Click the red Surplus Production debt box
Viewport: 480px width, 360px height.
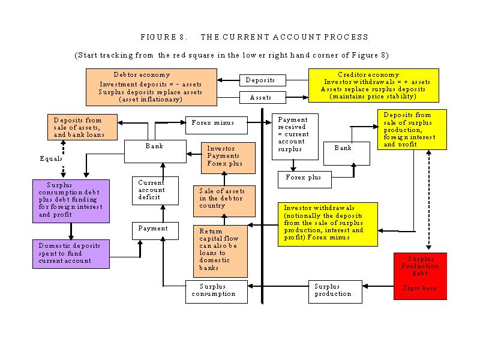coord(420,276)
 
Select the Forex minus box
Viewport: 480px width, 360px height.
coord(217,125)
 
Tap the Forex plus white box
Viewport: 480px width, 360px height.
coord(305,179)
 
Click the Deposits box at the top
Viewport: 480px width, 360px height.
coord(263,80)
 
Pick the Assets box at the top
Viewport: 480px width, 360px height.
coord(263,97)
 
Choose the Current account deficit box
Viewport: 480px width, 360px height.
coord(155,191)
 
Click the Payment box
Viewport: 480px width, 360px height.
coord(155,231)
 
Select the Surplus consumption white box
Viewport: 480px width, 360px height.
coord(217,292)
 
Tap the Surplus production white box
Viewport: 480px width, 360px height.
coord(335,292)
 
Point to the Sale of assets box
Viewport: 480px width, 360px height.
coord(224,201)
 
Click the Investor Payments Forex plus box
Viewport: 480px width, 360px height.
coord(228,158)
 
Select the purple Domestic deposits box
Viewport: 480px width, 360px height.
coord(71,254)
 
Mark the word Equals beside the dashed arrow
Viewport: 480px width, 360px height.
coord(51,158)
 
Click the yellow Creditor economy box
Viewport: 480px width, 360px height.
coord(373,85)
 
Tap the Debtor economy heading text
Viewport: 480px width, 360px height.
coord(142,74)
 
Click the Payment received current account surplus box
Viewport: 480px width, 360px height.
coord(295,137)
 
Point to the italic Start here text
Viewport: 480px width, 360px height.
coord(419,288)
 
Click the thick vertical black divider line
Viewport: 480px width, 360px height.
coord(262,206)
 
